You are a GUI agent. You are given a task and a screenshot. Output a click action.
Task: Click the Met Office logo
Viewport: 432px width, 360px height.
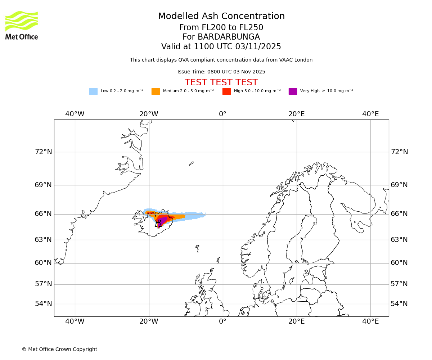(22, 25)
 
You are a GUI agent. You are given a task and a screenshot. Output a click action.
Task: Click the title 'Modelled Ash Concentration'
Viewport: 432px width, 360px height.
(221, 17)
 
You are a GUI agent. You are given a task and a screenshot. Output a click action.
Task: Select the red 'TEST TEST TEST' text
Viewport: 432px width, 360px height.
(221, 82)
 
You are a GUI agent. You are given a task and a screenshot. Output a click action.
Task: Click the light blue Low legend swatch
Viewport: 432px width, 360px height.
(93, 91)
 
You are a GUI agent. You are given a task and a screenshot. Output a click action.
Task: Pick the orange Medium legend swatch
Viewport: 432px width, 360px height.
(156, 91)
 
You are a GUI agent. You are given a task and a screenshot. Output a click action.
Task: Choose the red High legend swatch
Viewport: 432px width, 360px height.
(226, 91)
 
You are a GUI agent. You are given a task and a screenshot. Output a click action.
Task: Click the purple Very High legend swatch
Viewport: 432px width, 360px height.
(293, 91)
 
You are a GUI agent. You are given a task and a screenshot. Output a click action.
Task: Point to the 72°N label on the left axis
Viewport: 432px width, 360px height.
(43, 152)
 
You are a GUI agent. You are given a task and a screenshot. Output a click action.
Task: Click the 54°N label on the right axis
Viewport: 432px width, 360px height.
(399, 304)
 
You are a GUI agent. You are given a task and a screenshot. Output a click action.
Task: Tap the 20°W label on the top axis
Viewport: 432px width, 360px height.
(149, 114)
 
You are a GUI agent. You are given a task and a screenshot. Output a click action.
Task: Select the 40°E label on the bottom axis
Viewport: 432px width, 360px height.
(370, 321)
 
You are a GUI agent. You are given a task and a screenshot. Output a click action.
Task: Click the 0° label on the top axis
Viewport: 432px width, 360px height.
(222, 114)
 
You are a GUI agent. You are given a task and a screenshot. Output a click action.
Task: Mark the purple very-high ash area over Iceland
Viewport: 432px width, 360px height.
(162, 220)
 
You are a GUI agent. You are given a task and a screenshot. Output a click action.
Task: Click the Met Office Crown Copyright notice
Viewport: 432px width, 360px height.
(59, 350)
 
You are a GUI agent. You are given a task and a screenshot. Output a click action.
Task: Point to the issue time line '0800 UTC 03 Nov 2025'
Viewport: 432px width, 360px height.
(221, 72)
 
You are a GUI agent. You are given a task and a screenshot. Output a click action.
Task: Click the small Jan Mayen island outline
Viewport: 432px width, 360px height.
(191, 163)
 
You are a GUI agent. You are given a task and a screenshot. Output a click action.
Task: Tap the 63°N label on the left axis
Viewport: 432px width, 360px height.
(43, 240)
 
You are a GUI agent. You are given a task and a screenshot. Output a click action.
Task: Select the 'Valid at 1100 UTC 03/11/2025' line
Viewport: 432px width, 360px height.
(221, 47)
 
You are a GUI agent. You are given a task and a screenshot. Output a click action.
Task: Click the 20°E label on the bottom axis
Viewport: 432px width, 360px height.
(296, 321)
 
